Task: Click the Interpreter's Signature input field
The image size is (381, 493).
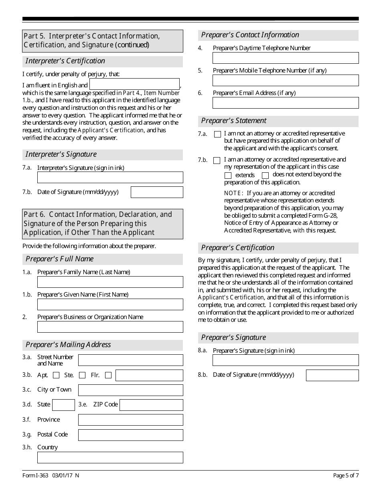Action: pos(110,177)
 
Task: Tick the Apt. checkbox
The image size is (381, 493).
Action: pos(56,376)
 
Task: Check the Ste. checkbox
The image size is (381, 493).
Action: pos(82,376)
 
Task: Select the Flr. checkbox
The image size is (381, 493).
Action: pos(108,376)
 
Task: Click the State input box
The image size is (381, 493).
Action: pos(63,405)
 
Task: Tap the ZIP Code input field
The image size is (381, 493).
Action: pos(151,405)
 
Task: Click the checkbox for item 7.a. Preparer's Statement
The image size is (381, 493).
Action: pos(217,134)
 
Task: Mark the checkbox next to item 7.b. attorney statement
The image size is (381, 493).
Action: pos(217,160)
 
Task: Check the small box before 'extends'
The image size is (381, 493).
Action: pos(228,176)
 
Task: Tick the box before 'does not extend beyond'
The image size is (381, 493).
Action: pos(265,176)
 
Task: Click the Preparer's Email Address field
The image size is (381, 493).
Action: pos(286,103)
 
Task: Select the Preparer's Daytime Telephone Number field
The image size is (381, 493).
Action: pos(286,58)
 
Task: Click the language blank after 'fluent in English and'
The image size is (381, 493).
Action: pos(134,84)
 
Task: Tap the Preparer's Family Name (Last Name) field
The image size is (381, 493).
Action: pos(110,282)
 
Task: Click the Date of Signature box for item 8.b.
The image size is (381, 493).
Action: pos(332,375)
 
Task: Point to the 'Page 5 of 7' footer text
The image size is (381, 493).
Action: pos(346,476)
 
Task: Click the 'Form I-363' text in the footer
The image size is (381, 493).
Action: pos(35,476)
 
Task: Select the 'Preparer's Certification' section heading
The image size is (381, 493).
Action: pos(238,248)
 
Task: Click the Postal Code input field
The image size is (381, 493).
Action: pos(130,435)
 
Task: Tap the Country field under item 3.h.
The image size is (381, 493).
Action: pos(110,457)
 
